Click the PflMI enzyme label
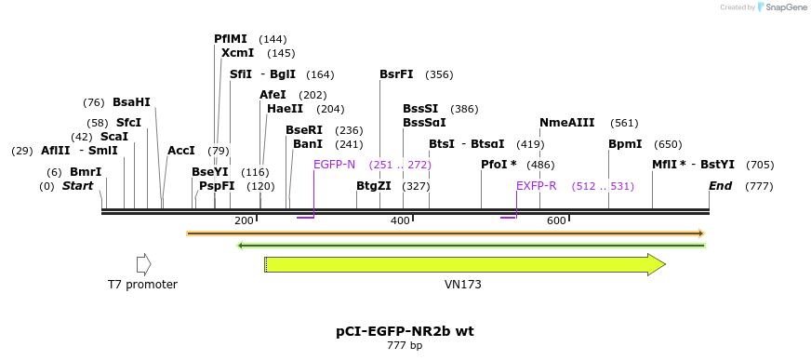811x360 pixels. [x=231, y=39]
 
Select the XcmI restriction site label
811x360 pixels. [x=237, y=53]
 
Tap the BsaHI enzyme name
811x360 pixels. [x=131, y=102]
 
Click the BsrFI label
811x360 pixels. [x=396, y=74]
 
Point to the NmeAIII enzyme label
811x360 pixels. [x=566, y=123]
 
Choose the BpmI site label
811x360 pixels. [x=625, y=144]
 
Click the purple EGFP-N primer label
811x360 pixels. [x=334, y=165]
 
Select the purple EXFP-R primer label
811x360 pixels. [x=536, y=186]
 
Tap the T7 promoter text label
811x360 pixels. [x=142, y=285]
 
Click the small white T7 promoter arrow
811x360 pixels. [x=143, y=264]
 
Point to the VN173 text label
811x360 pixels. [x=463, y=285]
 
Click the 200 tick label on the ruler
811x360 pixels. [x=244, y=220]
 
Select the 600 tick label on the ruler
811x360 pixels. [x=556, y=220]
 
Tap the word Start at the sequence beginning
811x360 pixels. [x=78, y=186]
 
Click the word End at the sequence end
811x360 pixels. [x=720, y=186]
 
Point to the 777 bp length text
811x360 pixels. [x=405, y=346]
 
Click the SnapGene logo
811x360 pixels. [x=782, y=7]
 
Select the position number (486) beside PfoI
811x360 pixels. [x=540, y=165]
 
